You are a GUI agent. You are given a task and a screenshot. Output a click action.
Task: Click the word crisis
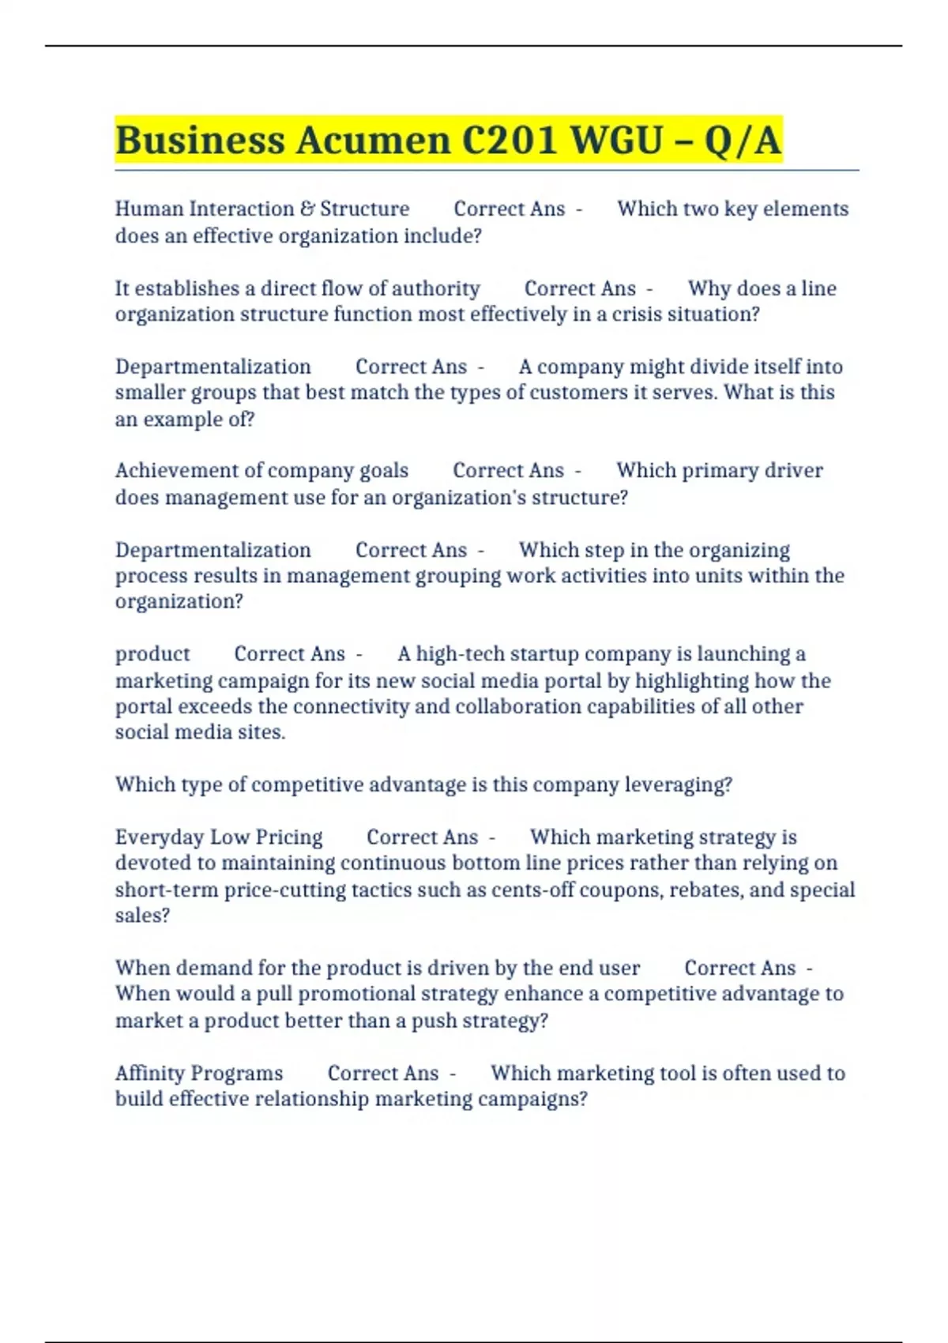(625, 314)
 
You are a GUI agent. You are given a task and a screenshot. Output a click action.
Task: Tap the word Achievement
(177, 471)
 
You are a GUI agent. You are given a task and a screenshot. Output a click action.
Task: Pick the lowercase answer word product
(152, 654)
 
